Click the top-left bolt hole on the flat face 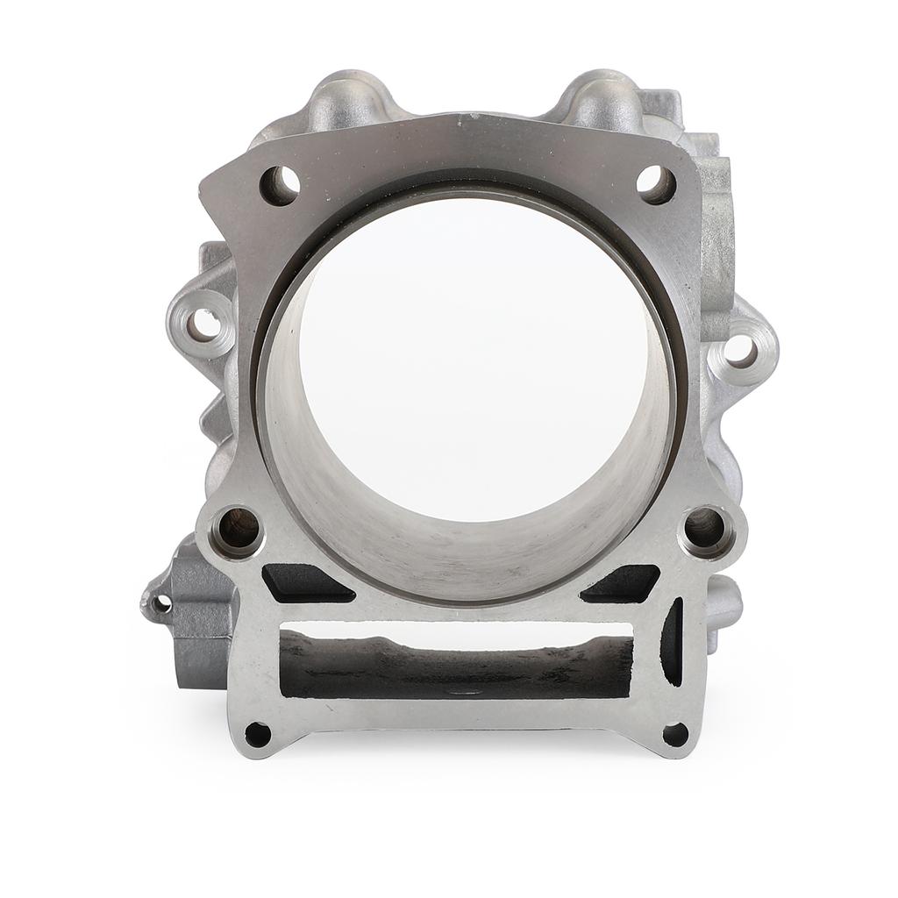(280, 185)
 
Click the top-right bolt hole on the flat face (655, 184)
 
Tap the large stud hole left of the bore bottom (238, 529)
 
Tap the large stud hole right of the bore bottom (706, 528)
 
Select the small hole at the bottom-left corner (257, 733)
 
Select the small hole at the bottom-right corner (674, 733)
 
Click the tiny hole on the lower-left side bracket (160, 603)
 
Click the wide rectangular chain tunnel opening (456, 666)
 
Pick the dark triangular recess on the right (624, 583)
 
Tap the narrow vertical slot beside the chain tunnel (673, 641)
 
